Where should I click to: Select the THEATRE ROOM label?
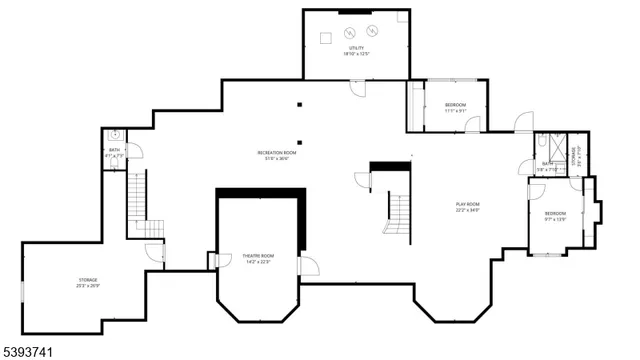click(259, 259)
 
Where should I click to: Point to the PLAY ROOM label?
click(468, 208)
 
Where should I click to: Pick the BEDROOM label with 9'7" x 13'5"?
click(555, 216)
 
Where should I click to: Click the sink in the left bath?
click(116, 133)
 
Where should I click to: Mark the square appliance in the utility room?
click(326, 37)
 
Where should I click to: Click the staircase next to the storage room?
click(137, 205)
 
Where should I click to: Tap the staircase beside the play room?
click(399, 212)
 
